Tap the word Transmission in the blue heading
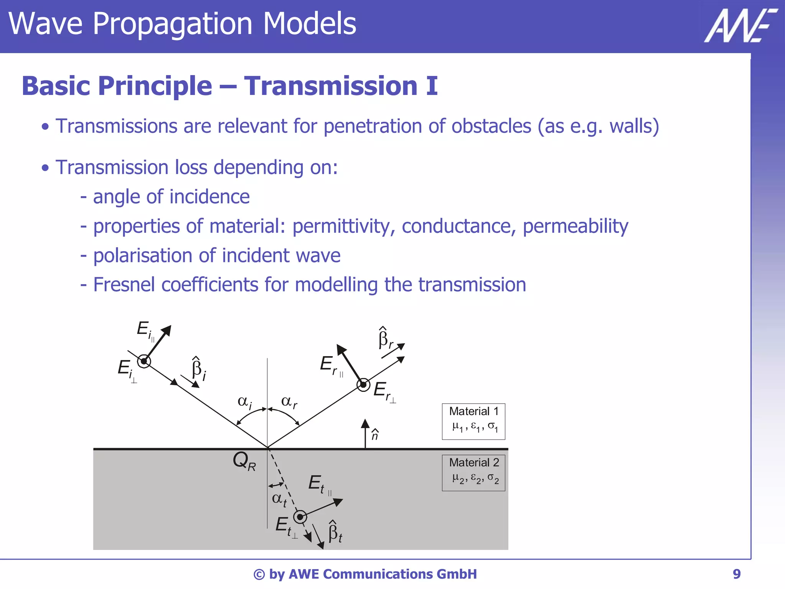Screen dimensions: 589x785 click(x=330, y=86)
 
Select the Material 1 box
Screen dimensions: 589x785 click(x=473, y=421)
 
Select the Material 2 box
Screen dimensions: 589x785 click(x=473, y=473)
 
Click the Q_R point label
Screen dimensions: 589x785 click(x=244, y=461)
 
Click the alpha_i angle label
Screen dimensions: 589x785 click(x=245, y=402)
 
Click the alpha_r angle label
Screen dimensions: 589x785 click(x=289, y=402)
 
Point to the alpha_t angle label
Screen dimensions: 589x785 click(x=279, y=499)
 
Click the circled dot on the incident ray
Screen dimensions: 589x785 click(x=144, y=361)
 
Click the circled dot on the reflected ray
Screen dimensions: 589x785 click(x=363, y=384)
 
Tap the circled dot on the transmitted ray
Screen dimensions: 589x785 click(x=300, y=517)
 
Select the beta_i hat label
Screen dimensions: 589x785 click(x=199, y=369)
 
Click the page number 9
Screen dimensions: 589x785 click(x=736, y=574)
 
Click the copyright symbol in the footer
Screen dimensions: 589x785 click(x=259, y=574)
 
